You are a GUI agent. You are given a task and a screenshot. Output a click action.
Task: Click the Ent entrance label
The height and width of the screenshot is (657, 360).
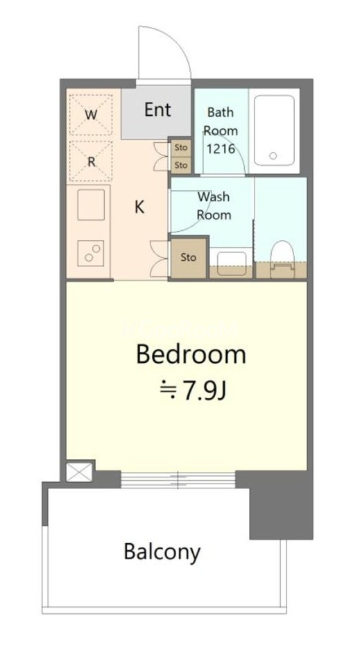tap(157, 110)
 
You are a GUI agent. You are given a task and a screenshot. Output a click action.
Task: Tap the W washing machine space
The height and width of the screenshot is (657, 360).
tap(92, 114)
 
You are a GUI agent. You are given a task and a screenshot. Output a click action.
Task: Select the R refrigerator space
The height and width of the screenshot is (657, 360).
tap(92, 161)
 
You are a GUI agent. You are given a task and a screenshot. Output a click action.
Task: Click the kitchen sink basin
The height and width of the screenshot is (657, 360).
tap(91, 205)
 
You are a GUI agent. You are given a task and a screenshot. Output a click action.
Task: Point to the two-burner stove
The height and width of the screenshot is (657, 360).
tap(91, 253)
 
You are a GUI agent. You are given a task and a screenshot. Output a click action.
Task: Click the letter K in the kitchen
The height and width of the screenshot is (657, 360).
tap(139, 207)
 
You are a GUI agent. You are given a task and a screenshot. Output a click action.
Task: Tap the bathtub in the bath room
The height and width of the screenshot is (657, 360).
tap(274, 130)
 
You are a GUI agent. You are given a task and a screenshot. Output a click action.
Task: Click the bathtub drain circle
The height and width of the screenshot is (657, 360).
tap(273, 156)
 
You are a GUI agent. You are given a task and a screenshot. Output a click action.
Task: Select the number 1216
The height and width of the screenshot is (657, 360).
tap(221, 148)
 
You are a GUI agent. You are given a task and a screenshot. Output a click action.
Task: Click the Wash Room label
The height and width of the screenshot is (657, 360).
tap(214, 206)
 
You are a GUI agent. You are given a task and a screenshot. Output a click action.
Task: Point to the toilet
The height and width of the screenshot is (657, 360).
tap(282, 259)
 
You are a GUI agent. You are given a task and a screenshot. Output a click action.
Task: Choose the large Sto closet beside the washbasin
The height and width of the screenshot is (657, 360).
tap(189, 257)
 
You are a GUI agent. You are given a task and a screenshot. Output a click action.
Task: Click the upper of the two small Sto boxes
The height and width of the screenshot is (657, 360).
tap(181, 148)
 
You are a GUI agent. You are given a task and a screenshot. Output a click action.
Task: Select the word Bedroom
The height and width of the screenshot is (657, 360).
tap(191, 355)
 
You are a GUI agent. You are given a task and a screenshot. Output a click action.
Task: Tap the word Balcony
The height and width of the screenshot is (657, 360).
tap(162, 552)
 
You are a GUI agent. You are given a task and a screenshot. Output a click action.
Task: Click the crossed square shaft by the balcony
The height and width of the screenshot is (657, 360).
tap(78, 472)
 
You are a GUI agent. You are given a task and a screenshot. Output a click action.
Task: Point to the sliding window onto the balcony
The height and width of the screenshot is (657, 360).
tap(178, 480)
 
